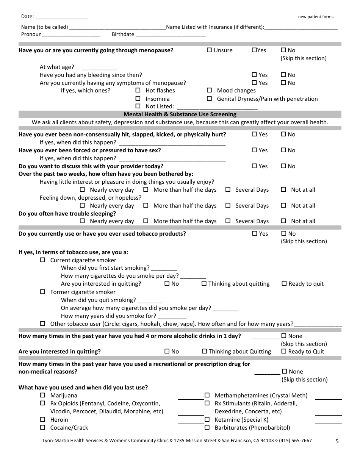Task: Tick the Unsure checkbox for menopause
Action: click(x=209, y=50)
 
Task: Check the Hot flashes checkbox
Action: click(x=138, y=91)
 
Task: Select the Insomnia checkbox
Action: click(x=138, y=99)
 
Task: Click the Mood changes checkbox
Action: click(x=209, y=91)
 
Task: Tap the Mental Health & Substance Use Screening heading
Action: click(x=180, y=114)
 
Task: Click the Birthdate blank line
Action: click(x=171, y=35)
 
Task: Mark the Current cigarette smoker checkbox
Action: click(x=42, y=260)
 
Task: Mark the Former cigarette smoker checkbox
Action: click(x=42, y=292)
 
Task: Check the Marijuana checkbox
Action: click(x=42, y=395)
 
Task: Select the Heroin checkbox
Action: click(x=42, y=419)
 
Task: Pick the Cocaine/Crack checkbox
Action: click(x=42, y=427)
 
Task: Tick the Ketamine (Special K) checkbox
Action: click(x=207, y=419)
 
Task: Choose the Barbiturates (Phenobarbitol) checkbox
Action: click(x=207, y=427)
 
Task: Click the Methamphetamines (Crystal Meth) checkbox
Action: click(x=207, y=395)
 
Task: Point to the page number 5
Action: click(x=337, y=441)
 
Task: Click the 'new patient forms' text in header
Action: click(x=316, y=17)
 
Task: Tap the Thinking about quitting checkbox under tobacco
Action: click(x=204, y=283)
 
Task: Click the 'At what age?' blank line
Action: click(x=97, y=67)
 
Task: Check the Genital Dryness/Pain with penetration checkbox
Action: click(x=209, y=99)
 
